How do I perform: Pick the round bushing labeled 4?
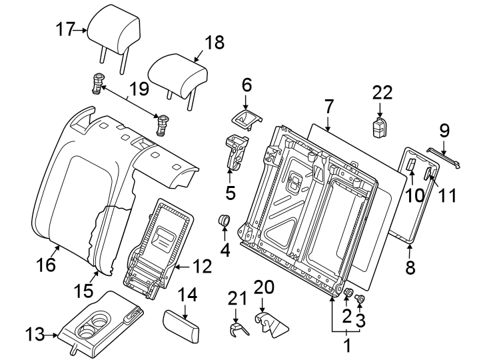point(225,221)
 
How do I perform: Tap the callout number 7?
point(328,106)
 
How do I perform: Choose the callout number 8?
point(410,267)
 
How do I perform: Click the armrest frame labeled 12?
point(159,247)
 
